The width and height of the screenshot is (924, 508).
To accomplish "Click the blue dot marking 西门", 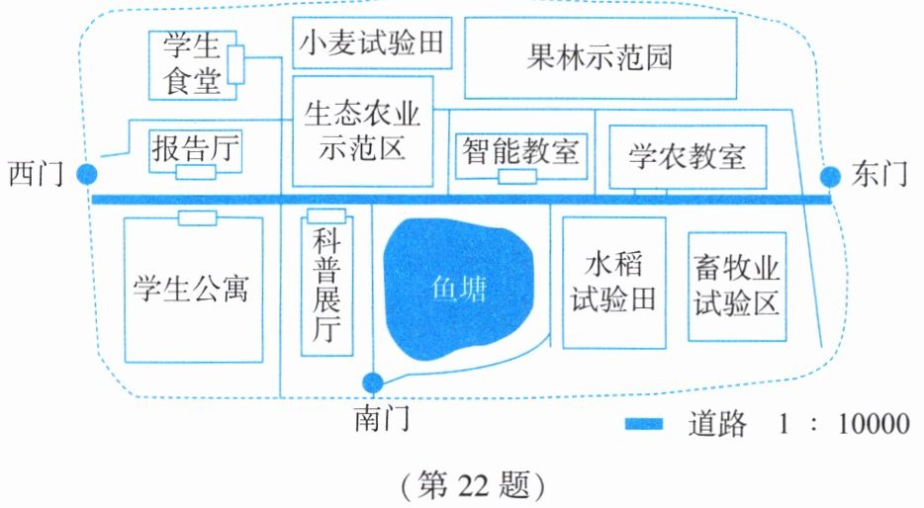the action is [87, 174].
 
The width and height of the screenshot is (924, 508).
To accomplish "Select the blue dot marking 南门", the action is [373, 383].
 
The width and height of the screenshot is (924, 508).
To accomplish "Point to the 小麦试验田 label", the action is [371, 42].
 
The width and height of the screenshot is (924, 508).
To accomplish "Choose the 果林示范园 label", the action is [600, 57].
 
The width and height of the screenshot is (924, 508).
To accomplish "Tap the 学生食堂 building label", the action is [192, 63].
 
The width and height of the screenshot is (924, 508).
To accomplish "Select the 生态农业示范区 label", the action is [362, 130].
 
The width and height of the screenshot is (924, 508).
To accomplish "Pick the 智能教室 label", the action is [520, 150].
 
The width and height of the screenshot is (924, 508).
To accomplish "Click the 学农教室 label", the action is [688, 156].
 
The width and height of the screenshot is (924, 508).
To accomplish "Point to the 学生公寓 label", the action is [191, 289].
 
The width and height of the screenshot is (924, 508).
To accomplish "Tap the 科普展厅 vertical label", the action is [326, 285].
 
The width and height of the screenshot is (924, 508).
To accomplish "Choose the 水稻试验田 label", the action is [613, 282].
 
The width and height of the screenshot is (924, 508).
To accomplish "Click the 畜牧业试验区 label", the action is [737, 286].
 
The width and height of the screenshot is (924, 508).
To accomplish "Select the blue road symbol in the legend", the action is [643, 424].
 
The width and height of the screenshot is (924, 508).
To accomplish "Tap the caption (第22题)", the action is [473, 485].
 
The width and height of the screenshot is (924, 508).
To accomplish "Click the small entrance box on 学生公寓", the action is [198, 218].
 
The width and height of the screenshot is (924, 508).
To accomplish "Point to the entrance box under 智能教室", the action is [517, 177].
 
